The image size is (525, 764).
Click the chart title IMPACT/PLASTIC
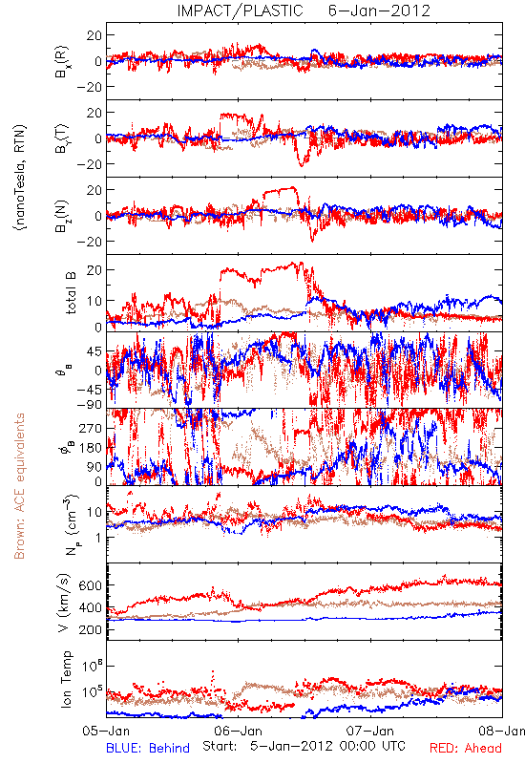pyautogui.click(x=241, y=11)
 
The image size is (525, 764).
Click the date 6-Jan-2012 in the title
pyautogui.click(x=379, y=11)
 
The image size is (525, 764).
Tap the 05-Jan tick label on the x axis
pyautogui.click(x=106, y=732)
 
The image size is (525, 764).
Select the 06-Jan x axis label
pyautogui.click(x=239, y=732)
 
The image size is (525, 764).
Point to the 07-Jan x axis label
pyautogui.click(x=370, y=732)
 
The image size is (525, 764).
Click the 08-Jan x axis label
pyautogui.click(x=502, y=732)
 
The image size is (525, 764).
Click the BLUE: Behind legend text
pyautogui.click(x=148, y=748)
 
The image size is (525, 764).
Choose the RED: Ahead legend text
pyautogui.click(x=466, y=748)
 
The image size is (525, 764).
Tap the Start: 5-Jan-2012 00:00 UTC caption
pyautogui.click(x=304, y=746)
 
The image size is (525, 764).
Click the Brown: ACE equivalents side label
pyautogui.click(x=19, y=486)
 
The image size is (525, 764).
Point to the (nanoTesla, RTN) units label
pyautogui.click(x=20, y=177)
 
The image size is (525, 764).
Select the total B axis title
pyautogui.click(x=70, y=293)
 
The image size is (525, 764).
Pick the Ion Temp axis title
pyautogui.click(x=66, y=679)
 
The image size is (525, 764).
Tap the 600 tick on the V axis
pyautogui.click(x=90, y=585)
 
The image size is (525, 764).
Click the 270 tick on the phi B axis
pyautogui.click(x=90, y=428)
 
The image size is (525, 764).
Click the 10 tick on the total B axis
pyautogui.click(x=94, y=301)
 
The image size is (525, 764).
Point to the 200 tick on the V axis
pyautogui.click(x=90, y=629)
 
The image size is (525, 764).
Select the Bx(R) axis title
pyautogui.click(x=62, y=62)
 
